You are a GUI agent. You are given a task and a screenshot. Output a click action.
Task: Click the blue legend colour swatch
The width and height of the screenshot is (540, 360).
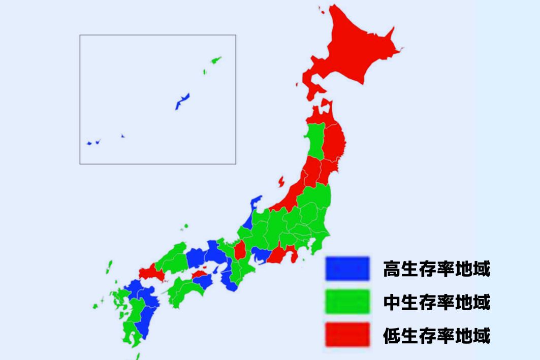(x=347, y=268)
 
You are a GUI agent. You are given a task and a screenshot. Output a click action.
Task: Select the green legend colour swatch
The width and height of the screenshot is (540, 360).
(x=347, y=302)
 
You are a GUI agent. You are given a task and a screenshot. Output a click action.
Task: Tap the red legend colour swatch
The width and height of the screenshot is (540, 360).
(x=347, y=335)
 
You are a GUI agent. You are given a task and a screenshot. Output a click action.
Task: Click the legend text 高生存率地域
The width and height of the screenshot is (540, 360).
(x=437, y=269)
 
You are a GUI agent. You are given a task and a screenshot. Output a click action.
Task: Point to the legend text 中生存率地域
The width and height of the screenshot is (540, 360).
(x=437, y=303)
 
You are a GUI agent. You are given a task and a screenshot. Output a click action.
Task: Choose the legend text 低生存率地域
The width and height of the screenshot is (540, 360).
(x=437, y=336)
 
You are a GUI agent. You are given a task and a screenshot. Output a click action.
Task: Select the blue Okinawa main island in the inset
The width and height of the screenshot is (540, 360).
(x=182, y=101)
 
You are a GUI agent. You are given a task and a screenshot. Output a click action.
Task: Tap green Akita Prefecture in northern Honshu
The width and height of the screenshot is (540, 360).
(x=315, y=142)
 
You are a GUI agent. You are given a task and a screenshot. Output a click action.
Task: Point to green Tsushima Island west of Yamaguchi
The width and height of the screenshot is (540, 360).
(x=109, y=267)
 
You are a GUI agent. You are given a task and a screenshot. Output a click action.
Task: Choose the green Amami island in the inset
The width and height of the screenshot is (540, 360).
(x=215, y=60)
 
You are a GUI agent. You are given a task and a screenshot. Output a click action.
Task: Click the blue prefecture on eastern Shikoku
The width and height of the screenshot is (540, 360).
(x=203, y=281)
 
